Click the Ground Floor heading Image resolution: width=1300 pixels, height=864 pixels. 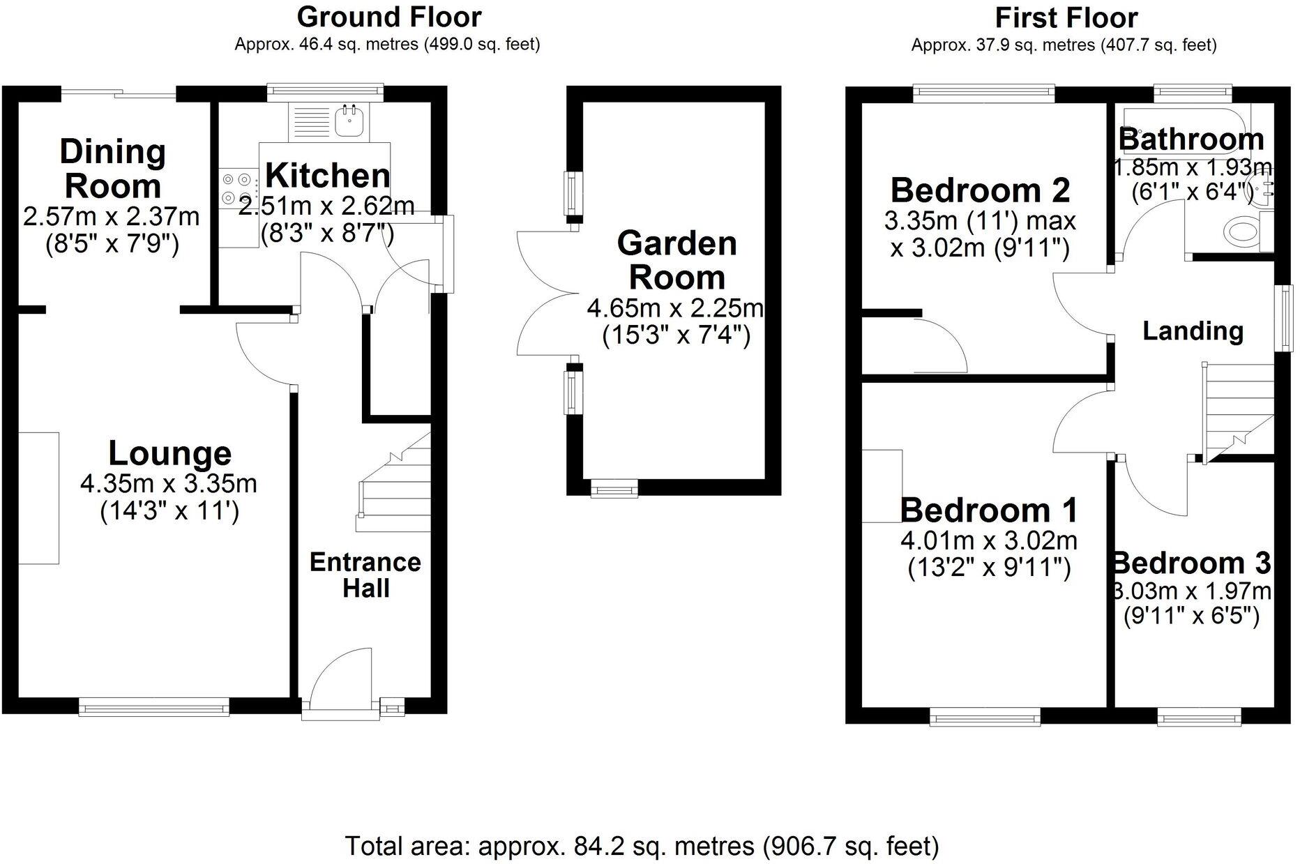click(x=388, y=17)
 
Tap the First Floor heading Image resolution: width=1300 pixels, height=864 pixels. click(x=1066, y=17)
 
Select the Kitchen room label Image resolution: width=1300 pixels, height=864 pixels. click(x=327, y=175)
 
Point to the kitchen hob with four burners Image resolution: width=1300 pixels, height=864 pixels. click(x=232, y=188)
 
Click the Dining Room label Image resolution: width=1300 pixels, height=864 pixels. click(x=112, y=169)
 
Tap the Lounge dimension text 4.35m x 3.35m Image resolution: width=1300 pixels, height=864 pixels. click(x=169, y=483)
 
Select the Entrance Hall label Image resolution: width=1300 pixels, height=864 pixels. click(x=365, y=575)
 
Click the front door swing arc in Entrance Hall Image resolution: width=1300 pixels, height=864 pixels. click(x=340, y=673)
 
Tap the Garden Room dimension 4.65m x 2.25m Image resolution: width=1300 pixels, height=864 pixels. click(x=675, y=308)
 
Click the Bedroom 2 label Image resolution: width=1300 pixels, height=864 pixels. click(x=979, y=190)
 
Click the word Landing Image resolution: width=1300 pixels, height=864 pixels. click(x=1192, y=331)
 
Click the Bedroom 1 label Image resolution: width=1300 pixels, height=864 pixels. click(x=988, y=510)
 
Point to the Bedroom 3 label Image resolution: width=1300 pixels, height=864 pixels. click(x=1191, y=563)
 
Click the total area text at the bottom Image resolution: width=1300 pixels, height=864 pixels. click(x=642, y=846)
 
